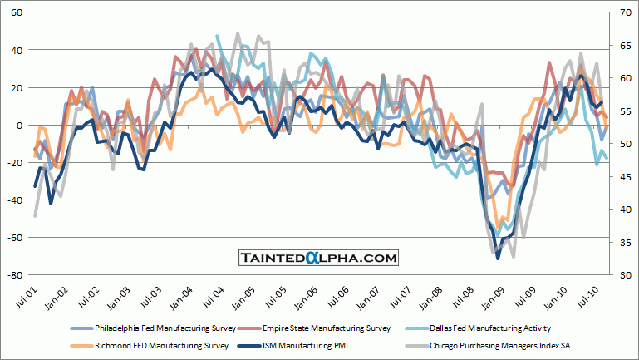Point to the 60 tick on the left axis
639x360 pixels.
coord(17,13)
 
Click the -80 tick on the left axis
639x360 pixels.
coord(14,275)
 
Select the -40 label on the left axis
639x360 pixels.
coord(14,200)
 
